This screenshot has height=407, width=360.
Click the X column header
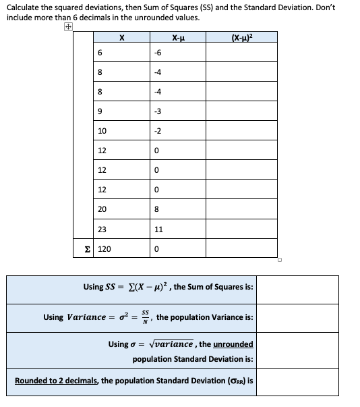coord(121,38)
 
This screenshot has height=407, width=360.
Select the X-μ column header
coord(179,38)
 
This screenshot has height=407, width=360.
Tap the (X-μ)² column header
coord(241,38)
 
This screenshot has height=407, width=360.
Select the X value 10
coord(102,130)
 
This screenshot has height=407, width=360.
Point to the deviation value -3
coord(157,111)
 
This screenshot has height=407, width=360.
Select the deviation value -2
coord(157,130)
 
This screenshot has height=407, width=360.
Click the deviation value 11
coord(158,229)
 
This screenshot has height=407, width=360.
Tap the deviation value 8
coord(156,210)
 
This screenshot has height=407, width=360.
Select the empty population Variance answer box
coord(297,317)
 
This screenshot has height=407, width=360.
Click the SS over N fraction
coord(142,317)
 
